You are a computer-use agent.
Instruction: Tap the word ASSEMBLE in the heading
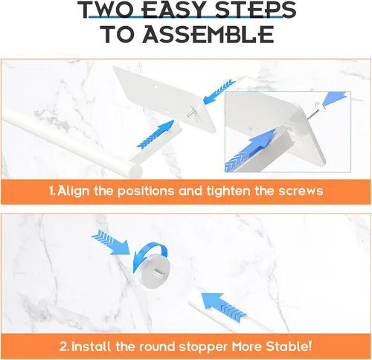208,34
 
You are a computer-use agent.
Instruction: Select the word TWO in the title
108,10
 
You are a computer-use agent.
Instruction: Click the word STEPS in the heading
256,10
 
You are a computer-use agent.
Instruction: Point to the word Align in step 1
73,192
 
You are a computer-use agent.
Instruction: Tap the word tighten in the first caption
228,191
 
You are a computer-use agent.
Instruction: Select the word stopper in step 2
203,347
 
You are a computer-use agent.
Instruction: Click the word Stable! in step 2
289,345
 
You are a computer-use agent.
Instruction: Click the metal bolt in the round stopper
158,272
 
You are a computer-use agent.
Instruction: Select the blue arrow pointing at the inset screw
336,98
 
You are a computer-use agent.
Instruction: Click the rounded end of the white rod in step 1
135,170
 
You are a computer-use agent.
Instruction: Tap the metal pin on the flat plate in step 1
191,112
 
